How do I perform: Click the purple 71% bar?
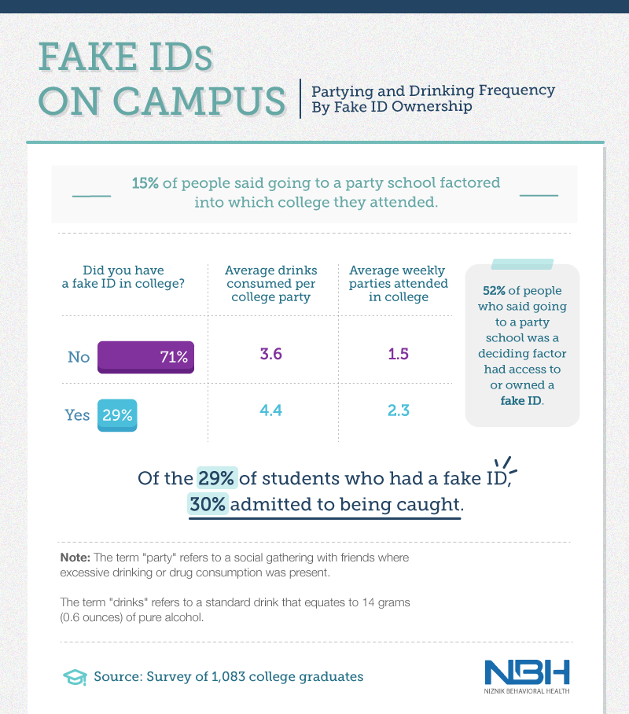pyautogui.click(x=145, y=357)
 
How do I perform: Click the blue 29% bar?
pyautogui.click(x=117, y=415)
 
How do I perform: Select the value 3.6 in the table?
pyautogui.click(x=271, y=354)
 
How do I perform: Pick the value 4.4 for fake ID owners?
pyautogui.click(x=271, y=410)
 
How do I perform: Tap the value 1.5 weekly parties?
pyautogui.click(x=398, y=354)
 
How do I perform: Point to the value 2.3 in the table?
pyautogui.click(x=399, y=410)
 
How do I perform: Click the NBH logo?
pyautogui.click(x=527, y=676)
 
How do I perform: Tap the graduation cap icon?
pyautogui.click(x=75, y=677)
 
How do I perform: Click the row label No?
pyautogui.click(x=79, y=357)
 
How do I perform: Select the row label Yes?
pyautogui.click(x=77, y=415)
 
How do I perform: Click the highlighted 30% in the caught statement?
pyautogui.click(x=208, y=504)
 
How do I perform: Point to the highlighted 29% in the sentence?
pyautogui.click(x=217, y=478)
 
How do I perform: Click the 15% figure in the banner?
pyautogui.click(x=145, y=183)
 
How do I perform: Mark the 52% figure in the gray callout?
pyautogui.click(x=495, y=290)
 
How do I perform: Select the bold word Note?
pyautogui.click(x=75, y=558)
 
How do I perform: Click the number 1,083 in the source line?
pyautogui.click(x=229, y=677)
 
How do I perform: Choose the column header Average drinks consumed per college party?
pyautogui.click(x=271, y=283)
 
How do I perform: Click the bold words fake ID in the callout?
pyautogui.click(x=521, y=401)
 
